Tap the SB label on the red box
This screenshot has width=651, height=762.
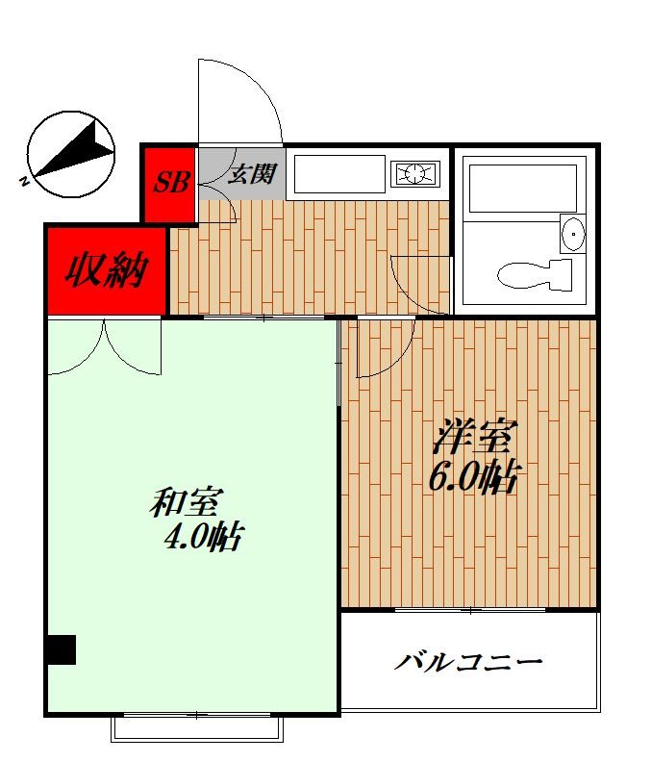coord(173,181)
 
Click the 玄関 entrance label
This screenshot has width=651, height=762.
coord(252,174)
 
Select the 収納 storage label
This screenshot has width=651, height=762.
coord(106,271)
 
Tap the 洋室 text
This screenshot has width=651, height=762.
coord(470,438)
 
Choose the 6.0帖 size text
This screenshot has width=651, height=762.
coord(474,475)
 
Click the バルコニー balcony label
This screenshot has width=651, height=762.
coord(470,662)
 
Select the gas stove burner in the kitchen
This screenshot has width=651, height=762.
coord(414,174)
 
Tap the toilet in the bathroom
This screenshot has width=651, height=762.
coord(534,275)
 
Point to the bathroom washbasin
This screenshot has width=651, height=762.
coord(572,234)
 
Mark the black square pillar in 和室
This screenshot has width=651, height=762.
coord(62,649)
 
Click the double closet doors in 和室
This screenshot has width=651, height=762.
coord(104,348)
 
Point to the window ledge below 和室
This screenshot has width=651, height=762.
coord(197,728)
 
